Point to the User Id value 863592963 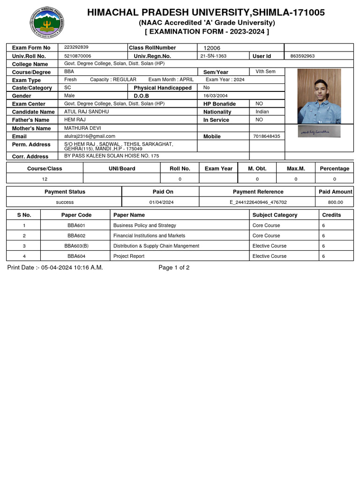point(302,56)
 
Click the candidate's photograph point(319,96)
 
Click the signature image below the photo point(319,132)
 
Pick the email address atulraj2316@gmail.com point(90,136)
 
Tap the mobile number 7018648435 point(266,136)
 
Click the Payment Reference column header point(258,192)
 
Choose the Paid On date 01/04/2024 point(161,202)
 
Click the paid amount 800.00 point(335,202)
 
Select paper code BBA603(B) point(76,246)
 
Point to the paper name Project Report point(129,256)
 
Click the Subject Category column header point(275,215)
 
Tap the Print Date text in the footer point(55,268)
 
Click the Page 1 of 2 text point(174,268)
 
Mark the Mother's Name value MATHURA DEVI point(82,127)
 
